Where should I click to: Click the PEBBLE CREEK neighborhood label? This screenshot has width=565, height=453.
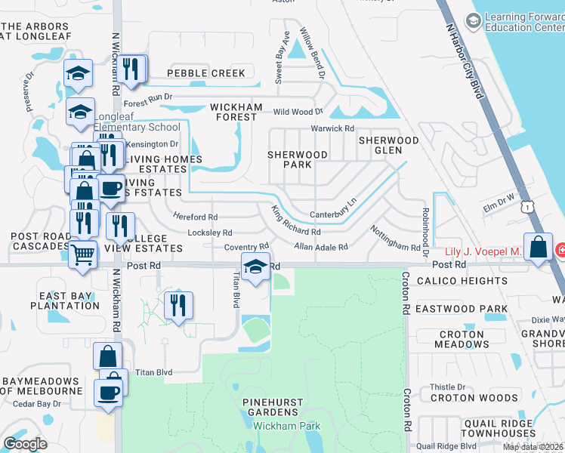pyautogui.click(x=206, y=73)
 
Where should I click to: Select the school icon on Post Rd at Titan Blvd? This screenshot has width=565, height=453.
pyautogui.click(x=256, y=267)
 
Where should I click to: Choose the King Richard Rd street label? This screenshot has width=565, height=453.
pyautogui.click(x=296, y=220)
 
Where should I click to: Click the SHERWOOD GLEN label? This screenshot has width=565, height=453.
pyautogui.click(x=388, y=145)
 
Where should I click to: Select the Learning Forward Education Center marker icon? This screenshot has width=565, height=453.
pyautogui.click(x=474, y=22)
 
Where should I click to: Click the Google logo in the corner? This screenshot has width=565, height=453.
pyautogui.click(x=25, y=444)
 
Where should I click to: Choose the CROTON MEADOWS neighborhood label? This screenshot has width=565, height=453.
pyautogui.click(x=462, y=339)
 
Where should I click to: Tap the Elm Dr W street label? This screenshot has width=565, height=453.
pyautogui.click(x=499, y=202)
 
